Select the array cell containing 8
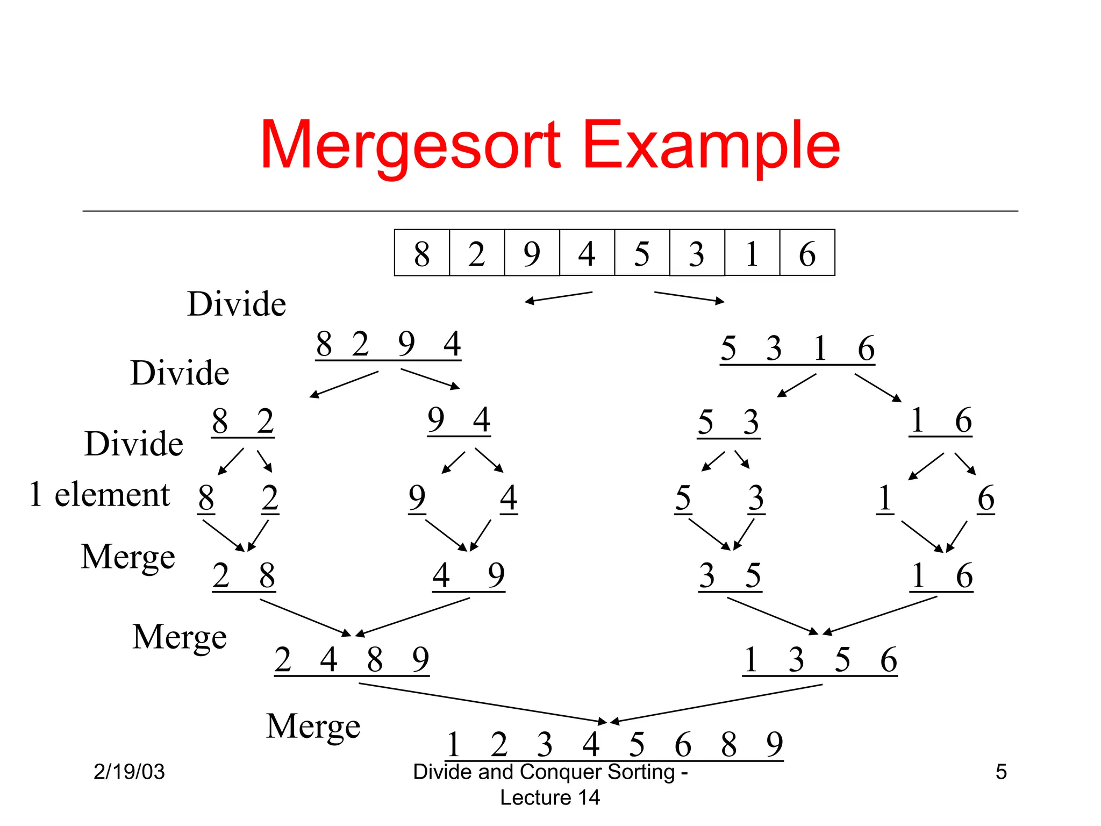422,253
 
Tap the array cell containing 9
532,253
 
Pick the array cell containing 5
642,253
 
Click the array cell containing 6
807,253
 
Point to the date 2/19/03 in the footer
129,772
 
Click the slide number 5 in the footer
1000,772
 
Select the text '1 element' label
99,494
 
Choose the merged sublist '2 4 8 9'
352,659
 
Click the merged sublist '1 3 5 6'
820,659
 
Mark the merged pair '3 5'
730,575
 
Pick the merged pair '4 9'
469,575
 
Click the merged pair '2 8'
244,575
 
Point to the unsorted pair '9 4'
459,420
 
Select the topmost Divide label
237,304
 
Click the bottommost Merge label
313,726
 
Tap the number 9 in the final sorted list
775,744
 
